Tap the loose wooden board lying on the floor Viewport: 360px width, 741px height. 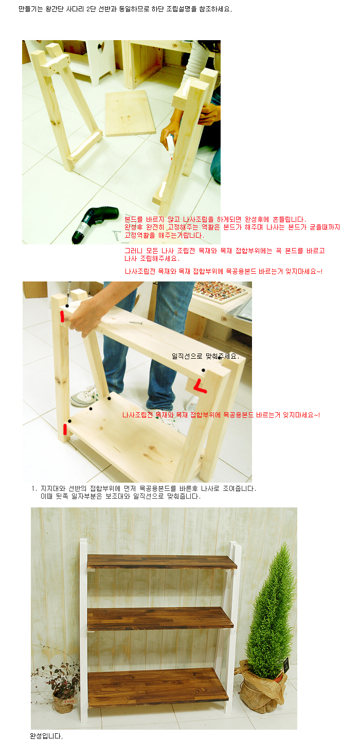coord(130,113)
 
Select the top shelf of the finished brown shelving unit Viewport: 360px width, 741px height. coord(162,562)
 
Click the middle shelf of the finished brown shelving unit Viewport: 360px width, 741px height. coord(160,619)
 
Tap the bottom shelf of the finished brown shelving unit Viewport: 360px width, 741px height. coord(158,689)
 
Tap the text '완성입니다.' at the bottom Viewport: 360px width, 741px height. coord(46,736)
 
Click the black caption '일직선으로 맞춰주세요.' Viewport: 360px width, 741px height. coord(205,356)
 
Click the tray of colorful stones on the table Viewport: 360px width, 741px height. coord(219,291)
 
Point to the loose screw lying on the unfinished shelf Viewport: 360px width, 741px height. coord(136,322)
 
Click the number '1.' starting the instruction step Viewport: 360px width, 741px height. coord(34,489)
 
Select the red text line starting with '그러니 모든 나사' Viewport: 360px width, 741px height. coord(224,251)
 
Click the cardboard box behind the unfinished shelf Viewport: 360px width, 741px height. coord(34,289)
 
